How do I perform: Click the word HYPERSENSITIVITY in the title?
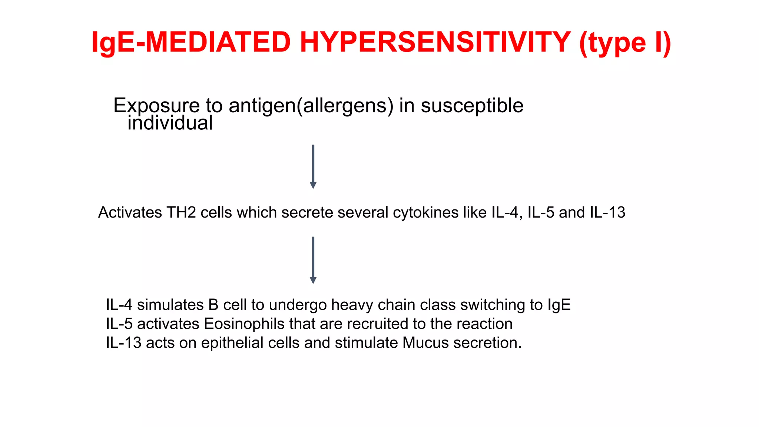click(435, 42)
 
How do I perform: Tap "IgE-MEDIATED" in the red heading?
click(191, 42)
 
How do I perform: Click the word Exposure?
click(156, 106)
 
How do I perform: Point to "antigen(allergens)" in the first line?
click(311, 106)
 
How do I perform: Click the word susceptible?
click(472, 106)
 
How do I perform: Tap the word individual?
click(170, 123)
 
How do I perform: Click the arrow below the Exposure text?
click(313, 166)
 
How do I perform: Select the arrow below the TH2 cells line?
click(313, 260)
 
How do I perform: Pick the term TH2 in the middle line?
click(181, 213)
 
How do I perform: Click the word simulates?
click(170, 305)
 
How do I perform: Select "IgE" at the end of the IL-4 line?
click(559, 305)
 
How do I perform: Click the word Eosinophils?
click(244, 324)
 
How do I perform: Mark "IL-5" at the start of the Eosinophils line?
click(119, 324)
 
